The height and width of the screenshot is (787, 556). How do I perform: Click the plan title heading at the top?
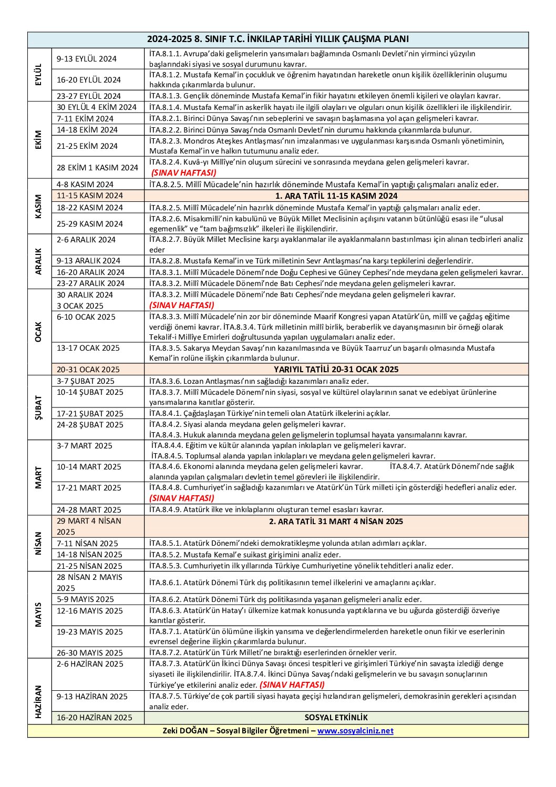pyautogui.click(x=277, y=39)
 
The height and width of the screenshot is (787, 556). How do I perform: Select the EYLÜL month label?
pyautogui.click(x=38, y=75)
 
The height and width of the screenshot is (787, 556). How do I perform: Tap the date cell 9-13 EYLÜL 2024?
pyautogui.click(x=87, y=59)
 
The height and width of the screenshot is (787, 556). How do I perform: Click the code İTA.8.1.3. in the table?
pyautogui.click(x=165, y=96)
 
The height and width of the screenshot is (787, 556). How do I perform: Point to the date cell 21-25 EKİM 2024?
pyautogui.click(x=87, y=146)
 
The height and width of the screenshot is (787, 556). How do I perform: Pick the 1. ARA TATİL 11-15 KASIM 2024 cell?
pyautogui.click(x=336, y=196)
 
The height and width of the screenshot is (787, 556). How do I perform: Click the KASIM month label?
pyautogui.click(x=38, y=207)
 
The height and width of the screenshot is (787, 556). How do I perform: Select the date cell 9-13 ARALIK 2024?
pyautogui.click(x=89, y=261)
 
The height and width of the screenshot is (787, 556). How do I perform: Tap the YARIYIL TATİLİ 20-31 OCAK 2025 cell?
pyautogui.click(x=336, y=369)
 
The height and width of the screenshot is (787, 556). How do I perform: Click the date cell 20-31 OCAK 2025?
pyautogui.click(x=88, y=370)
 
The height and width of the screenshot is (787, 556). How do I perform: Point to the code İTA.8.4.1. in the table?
pyautogui.click(x=165, y=413)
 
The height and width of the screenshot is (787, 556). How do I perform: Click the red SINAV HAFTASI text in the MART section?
pyautogui.click(x=182, y=498)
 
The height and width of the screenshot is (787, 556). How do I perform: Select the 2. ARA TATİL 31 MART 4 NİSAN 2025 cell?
pyautogui.click(x=336, y=522)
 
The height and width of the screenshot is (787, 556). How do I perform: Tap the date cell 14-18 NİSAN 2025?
pyautogui.click(x=87, y=555)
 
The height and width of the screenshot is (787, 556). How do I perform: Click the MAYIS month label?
pyautogui.click(x=38, y=615)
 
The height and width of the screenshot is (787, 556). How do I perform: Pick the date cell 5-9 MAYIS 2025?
pyautogui.click(x=85, y=599)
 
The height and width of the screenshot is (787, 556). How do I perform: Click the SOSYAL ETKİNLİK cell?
pyautogui.click(x=336, y=718)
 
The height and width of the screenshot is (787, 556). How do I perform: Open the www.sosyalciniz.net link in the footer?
pyautogui.click(x=355, y=731)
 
